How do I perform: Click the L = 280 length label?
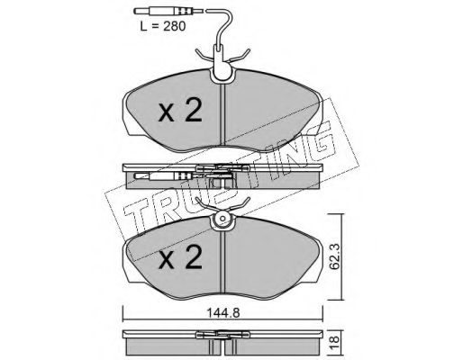pyautogui.click(x=163, y=26)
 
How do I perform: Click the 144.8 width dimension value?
pyautogui.click(x=222, y=313)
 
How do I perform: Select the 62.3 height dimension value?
pyautogui.click(x=334, y=256)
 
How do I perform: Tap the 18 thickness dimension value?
pyautogui.click(x=334, y=340)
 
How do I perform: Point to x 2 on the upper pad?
pyautogui.click(x=180, y=111)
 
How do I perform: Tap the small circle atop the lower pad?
pyautogui.click(x=222, y=219)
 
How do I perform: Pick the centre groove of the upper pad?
pyautogui.click(x=222, y=114)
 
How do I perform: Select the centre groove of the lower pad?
pyautogui.click(x=222, y=262)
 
